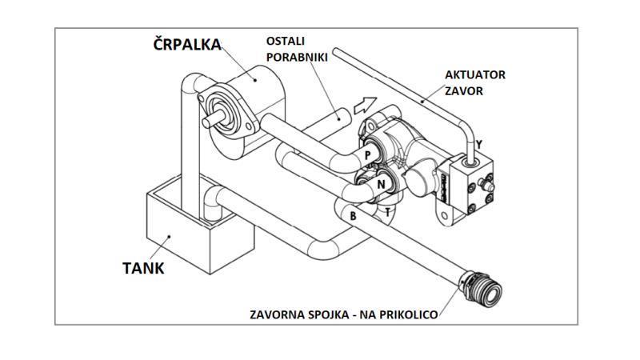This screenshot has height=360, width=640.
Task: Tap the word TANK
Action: point(144,268)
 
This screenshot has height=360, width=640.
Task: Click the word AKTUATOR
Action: point(475,75)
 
